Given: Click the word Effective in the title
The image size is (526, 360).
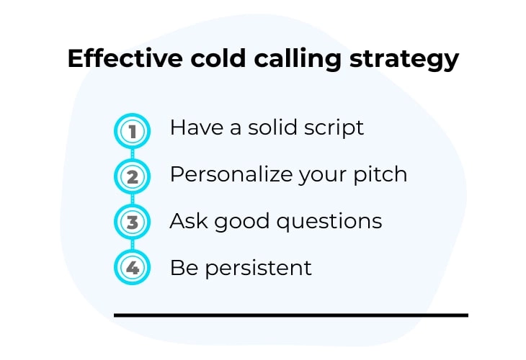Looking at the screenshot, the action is (125, 58).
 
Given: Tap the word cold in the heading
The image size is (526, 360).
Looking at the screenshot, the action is (218, 58).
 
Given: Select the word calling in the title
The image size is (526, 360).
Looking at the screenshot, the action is (298, 60).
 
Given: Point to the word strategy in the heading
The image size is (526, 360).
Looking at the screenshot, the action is (404, 60).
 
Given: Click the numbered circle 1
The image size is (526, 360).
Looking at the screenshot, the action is (132, 131).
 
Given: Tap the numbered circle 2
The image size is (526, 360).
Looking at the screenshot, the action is (132, 176).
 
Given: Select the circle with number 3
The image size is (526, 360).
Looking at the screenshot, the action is (132, 222).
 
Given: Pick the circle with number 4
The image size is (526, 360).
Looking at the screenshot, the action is (132, 267).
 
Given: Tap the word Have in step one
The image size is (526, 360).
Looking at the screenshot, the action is (197, 127).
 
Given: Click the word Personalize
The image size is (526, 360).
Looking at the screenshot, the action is (231, 174).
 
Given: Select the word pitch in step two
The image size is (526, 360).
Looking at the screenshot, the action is (380, 175).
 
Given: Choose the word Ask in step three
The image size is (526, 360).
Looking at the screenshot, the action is (188, 221).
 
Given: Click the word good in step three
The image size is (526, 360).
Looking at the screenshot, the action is (242, 222).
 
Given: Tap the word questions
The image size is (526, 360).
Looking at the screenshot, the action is (329, 222).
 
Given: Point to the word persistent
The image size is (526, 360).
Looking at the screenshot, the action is (258, 269).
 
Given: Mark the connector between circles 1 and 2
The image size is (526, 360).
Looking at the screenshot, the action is (132, 154).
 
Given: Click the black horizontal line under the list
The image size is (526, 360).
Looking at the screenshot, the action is (291, 315).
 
